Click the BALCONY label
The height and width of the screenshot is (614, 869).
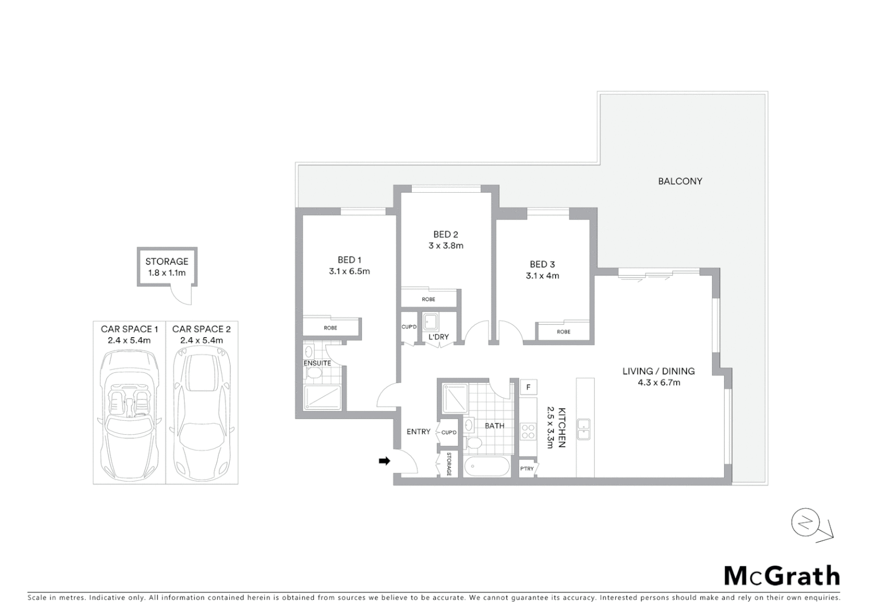pyautogui.click(x=680, y=181)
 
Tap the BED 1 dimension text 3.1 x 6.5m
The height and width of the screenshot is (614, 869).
pyautogui.click(x=349, y=272)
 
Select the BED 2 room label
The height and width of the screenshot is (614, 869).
pyautogui.click(x=445, y=234)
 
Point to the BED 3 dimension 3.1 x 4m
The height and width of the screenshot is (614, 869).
pyautogui.click(x=542, y=276)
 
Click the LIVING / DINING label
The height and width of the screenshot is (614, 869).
pyautogui.click(x=658, y=371)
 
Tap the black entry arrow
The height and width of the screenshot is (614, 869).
pyautogui.click(x=384, y=461)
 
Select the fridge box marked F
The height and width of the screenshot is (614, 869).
pyautogui.click(x=528, y=387)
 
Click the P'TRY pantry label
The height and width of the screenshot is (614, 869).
pyautogui.click(x=527, y=469)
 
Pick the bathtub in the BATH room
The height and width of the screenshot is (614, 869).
pyautogui.click(x=487, y=467)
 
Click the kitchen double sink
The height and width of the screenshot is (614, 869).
pyautogui.click(x=584, y=429)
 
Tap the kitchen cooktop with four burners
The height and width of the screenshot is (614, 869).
pyautogui.click(x=528, y=432)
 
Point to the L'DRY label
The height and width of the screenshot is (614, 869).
pyautogui.click(x=438, y=337)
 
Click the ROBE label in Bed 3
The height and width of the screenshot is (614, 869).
pyautogui.click(x=564, y=332)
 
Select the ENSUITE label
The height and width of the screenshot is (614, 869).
pyautogui.click(x=317, y=363)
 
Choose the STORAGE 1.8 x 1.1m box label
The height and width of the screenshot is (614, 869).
pyautogui.click(x=167, y=267)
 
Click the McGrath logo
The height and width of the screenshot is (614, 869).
pyautogui.click(x=781, y=576)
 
